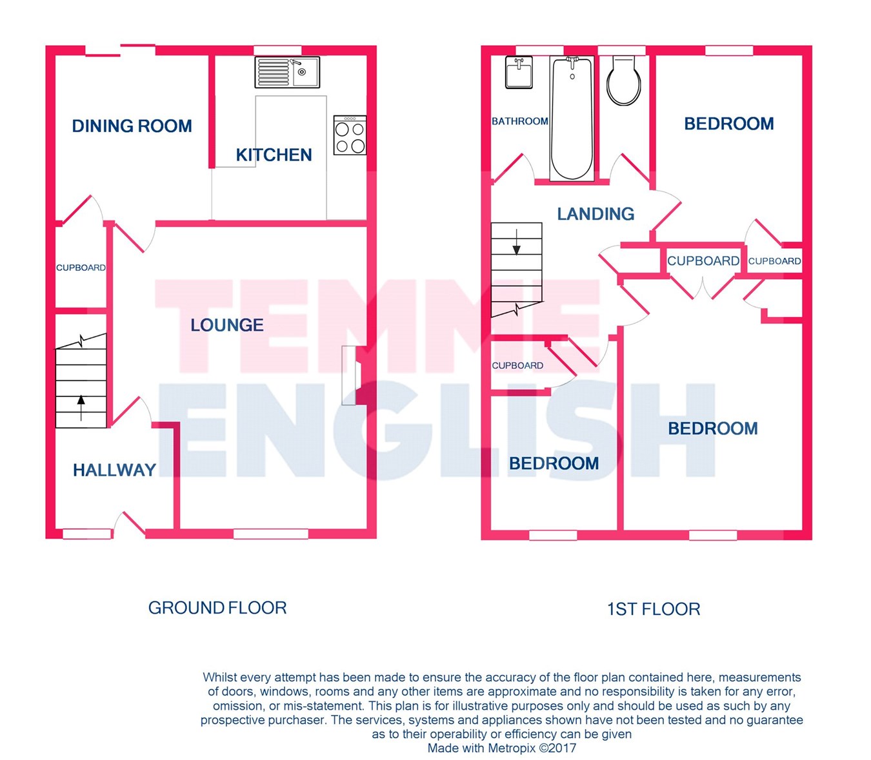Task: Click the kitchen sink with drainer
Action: (287, 72)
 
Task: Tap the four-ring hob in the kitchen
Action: (350, 135)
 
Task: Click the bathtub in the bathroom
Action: (572, 118)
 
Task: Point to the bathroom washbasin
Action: (519, 72)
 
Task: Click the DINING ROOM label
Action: (132, 126)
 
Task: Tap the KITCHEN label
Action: (274, 155)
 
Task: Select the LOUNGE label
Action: (227, 325)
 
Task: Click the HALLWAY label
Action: (114, 470)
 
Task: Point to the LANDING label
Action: (596, 213)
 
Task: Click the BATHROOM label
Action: (520, 121)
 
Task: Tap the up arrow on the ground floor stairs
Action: (81, 408)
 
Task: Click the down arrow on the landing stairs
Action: (516, 242)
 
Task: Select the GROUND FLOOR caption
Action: (217, 608)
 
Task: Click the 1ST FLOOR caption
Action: (654, 609)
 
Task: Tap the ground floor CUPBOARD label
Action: (81, 268)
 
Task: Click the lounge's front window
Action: (271, 534)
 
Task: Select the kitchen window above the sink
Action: (277, 51)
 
